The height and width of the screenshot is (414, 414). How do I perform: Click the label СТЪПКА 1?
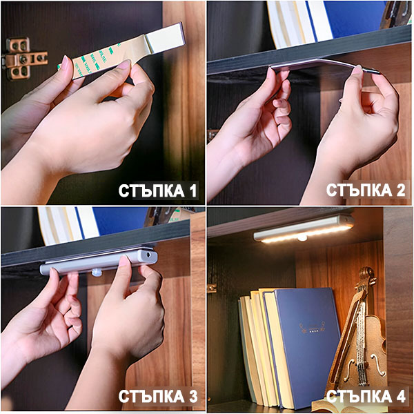[158, 190]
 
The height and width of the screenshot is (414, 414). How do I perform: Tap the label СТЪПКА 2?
[366, 190]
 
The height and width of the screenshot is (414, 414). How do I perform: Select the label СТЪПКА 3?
[158, 396]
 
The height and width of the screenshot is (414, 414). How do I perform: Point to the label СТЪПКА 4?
[366, 396]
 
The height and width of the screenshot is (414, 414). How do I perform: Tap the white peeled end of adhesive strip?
[166, 38]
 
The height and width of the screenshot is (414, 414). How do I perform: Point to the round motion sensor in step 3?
[97, 272]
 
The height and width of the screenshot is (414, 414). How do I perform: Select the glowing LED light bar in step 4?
[304, 230]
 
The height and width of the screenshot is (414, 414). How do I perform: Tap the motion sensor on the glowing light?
[302, 238]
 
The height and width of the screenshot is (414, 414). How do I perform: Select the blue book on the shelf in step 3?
[120, 221]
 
